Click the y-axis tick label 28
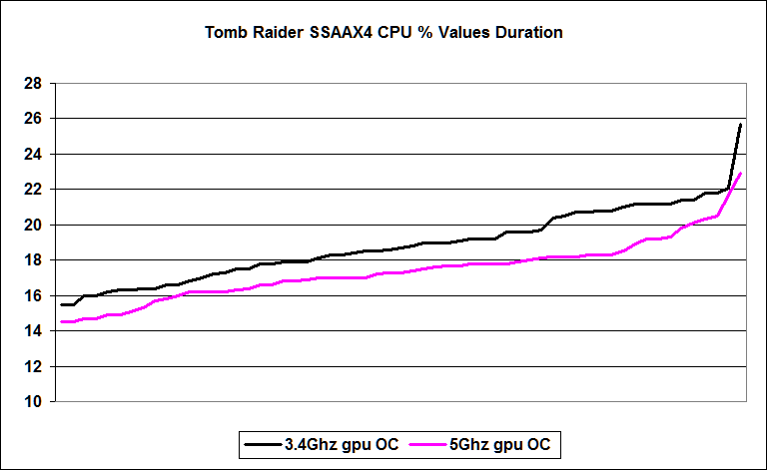[33, 84]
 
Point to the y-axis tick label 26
[33, 119]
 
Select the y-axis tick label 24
[33, 155]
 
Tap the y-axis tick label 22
[33, 190]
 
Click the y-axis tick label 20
[33, 226]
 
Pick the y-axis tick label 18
[33, 260]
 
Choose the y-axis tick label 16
[33, 296]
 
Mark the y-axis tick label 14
[33, 331]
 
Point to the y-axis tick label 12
[33, 367]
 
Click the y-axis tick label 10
[33, 402]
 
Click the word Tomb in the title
[226, 33]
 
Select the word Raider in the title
[279, 33]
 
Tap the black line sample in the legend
[263, 442]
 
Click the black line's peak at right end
[740, 124]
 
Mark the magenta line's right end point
[740, 174]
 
